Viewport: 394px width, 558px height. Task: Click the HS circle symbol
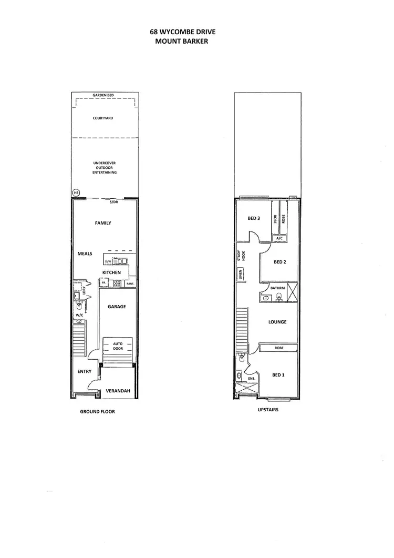pos(76,192)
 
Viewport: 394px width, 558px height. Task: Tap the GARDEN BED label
pos(103,95)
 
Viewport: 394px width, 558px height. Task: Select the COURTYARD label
pos(103,118)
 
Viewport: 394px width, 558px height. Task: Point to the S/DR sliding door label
pos(113,202)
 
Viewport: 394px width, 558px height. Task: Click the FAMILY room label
pos(103,223)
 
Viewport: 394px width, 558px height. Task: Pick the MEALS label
pos(85,253)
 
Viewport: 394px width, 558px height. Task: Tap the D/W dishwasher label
pos(109,261)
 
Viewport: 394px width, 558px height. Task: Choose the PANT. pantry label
pos(129,283)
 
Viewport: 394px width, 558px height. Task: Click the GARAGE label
pos(117,307)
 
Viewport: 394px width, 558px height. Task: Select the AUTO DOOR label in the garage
pos(118,346)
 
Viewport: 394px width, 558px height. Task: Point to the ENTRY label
pos(85,371)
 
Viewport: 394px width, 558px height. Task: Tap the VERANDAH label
pos(118,391)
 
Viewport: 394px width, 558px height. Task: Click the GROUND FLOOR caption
pos(97,412)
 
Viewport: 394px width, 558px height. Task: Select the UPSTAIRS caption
pos(268,409)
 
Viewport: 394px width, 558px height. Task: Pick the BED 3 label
pos(254,218)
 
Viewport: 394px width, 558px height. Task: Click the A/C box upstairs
pos(279,238)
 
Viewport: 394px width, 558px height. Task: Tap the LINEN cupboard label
pos(241,275)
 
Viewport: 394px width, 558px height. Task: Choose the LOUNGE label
pos(277,322)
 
